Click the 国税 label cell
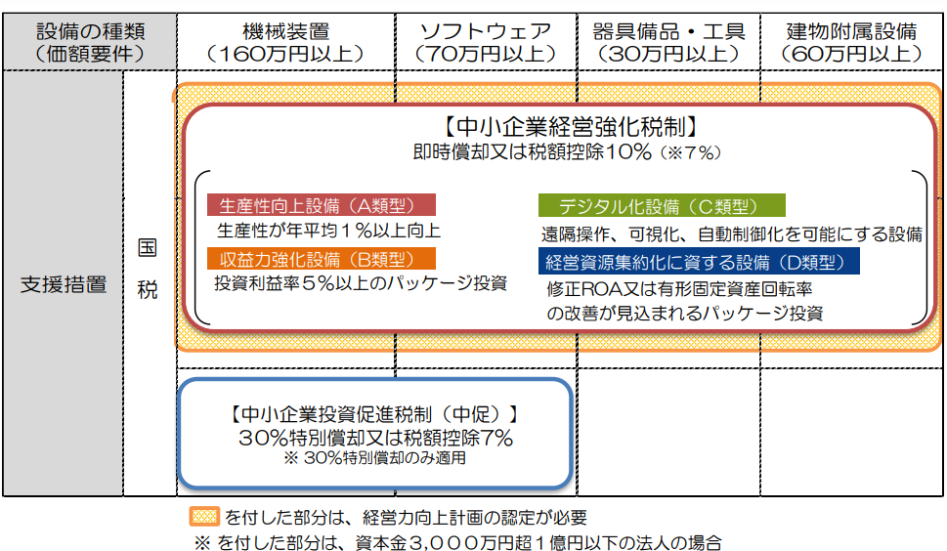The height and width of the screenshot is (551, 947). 148,269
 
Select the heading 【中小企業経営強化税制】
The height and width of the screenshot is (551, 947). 568,126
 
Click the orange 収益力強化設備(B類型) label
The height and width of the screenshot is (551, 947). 321,259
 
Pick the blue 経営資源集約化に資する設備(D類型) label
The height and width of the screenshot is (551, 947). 698,261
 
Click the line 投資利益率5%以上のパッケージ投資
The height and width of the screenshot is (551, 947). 361,283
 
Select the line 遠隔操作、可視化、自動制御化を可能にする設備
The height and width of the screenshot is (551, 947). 732,233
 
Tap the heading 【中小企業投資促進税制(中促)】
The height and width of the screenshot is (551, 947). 374,413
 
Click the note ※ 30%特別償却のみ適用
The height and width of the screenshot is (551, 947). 375,456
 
